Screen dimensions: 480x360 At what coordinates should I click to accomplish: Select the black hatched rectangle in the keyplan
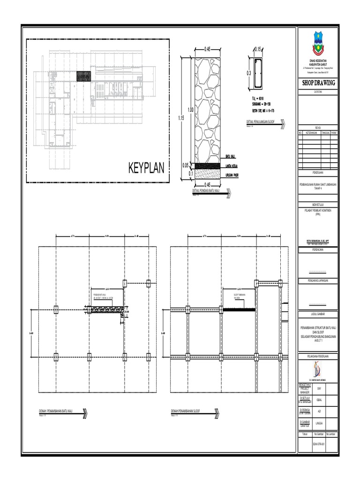(x=83, y=77)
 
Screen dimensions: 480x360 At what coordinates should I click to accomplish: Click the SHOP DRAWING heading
(x=319, y=83)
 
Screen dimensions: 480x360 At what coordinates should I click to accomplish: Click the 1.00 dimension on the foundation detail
(x=191, y=110)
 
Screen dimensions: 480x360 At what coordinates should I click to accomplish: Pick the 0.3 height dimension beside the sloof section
(x=249, y=74)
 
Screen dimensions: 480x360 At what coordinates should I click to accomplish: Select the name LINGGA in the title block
(x=321, y=423)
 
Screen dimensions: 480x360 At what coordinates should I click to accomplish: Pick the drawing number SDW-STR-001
(x=319, y=442)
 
